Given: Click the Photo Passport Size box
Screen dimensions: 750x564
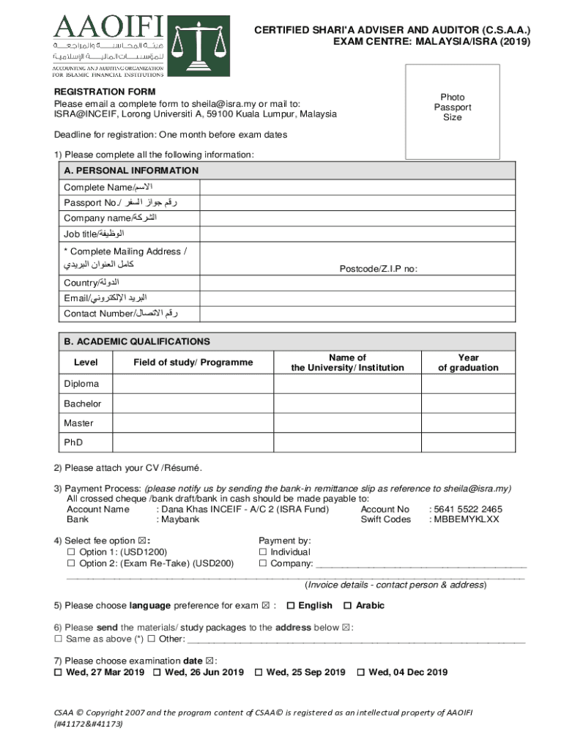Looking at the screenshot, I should click(452, 111).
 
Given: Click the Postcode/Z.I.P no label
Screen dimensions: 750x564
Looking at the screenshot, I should click(378, 269).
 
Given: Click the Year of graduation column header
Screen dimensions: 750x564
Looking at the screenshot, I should click(468, 363).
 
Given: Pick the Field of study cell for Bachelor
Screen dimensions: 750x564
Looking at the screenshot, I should click(193, 404).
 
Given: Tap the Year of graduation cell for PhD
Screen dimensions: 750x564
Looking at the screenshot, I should click(468, 442).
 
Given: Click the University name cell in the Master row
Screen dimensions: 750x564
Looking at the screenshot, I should click(347, 423).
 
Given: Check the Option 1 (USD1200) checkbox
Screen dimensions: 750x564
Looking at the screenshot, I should click(71, 552).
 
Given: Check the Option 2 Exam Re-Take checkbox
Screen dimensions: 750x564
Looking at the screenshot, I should click(71, 563).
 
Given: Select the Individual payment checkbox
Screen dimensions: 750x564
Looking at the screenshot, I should click(263, 552).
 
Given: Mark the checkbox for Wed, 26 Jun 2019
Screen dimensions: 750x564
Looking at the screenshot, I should click(157, 672).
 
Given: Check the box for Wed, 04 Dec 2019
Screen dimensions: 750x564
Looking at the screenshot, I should click(360, 672).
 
